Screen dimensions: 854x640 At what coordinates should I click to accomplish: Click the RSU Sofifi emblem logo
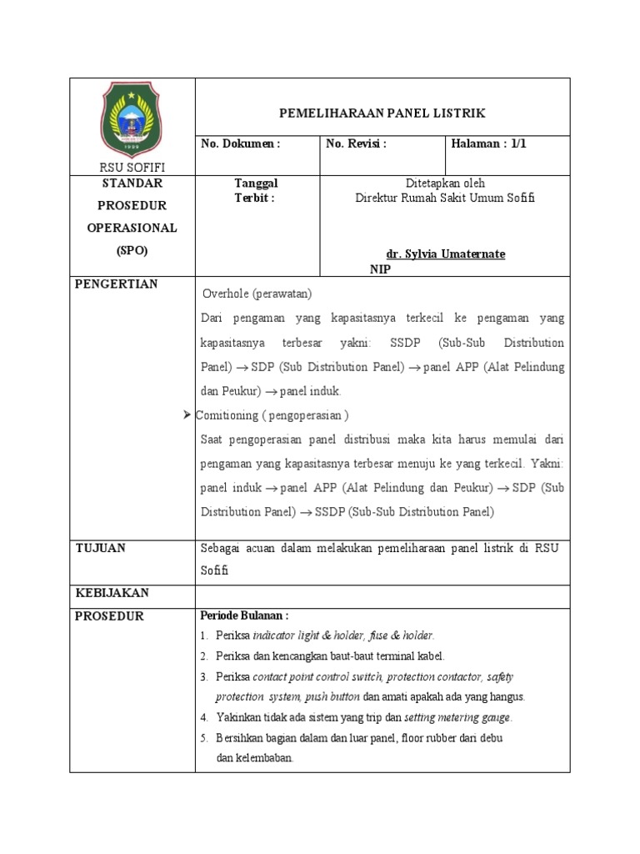pyautogui.click(x=132, y=119)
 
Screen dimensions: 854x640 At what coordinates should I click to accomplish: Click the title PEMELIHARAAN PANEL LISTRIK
pyautogui.click(x=382, y=113)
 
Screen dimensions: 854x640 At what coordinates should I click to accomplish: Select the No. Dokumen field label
pyautogui.click(x=241, y=143)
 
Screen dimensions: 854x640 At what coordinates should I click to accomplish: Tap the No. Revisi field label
pyautogui.click(x=356, y=143)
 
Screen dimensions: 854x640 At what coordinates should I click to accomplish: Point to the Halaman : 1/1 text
pyautogui.click(x=488, y=143)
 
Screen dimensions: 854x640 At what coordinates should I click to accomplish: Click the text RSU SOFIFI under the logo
pyautogui.click(x=132, y=168)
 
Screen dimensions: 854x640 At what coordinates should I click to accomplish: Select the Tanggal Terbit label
pyautogui.click(x=256, y=190)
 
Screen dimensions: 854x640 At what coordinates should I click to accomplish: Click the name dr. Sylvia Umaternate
pyautogui.click(x=445, y=254)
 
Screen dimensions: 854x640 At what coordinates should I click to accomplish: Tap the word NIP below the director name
pyautogui.click(x=380, y=269)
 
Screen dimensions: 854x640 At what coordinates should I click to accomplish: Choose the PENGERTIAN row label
pyautogui.click(x=116, y=284)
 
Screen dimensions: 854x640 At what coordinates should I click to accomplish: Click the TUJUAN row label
pyautogui.click(x=100, y=548)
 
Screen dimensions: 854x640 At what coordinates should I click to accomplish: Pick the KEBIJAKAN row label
pyautogui.click(x=112, y=593)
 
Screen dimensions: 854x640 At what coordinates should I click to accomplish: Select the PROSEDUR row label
pyautogui.click(x=109, y=616)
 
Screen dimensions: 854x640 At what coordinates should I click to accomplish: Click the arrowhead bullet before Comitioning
pyautogui.click(x=187, y=414)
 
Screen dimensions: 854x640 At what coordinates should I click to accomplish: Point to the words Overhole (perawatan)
pyautogui.click(x=257, y=294)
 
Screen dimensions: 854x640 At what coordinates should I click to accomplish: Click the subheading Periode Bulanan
pyautogui.click(x=244, y=616)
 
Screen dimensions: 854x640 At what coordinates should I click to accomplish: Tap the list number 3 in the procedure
pyautogui.click(x=204, y=676)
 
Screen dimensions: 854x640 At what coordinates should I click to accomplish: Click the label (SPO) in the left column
pyautogui.click(x=132, y=249)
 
